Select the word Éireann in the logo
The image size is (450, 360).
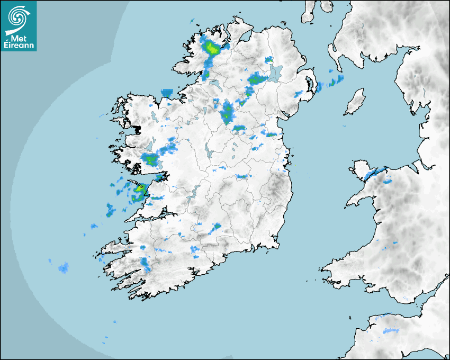(x=20, y=46)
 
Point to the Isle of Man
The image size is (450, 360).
(x=355, y=102)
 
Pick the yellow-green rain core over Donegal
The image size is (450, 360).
(x=212, y=49)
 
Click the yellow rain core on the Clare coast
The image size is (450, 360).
(x=141, y=187)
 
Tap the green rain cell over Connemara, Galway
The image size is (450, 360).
(x=151, y=159)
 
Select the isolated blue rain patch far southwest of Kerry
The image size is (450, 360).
(x=64, y=268)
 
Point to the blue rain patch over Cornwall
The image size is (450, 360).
(x=391, y=331)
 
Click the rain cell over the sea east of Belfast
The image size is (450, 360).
(x=335, y=82)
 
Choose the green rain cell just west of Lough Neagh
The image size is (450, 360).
(x=256, y=79)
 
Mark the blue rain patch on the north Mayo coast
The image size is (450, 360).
(x=167, y=93)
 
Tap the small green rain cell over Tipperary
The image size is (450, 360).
(x=217, y=227)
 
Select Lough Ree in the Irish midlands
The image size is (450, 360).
(x=208, y=152)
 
